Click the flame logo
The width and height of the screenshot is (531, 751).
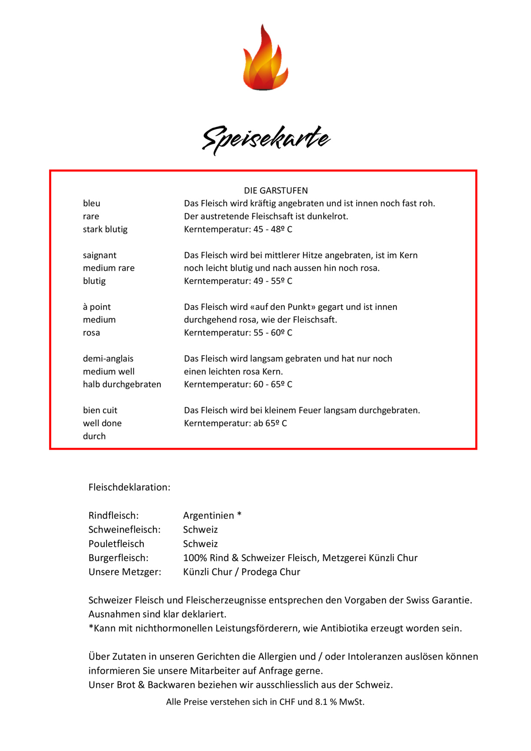(x=265, y=59)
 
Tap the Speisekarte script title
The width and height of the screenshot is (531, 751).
(x=266, y=139)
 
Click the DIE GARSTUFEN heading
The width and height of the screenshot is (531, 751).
(x=275, y=190)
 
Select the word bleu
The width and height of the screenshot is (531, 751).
(x=92, y=203)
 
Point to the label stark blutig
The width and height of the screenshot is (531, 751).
(x=105, y=229)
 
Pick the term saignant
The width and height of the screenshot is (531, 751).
(x=100, y=255)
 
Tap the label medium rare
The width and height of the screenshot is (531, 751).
(x=109, y=268)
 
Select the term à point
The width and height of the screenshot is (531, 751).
(x=96, y=307)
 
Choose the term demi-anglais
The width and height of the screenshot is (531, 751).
(x=108, y=359)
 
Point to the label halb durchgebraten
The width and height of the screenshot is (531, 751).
(x=122, y=385)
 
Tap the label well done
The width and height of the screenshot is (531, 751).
(x=102, y=423)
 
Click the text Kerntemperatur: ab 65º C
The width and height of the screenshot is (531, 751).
(x=236, y=423)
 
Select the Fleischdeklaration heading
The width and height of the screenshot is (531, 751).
(x=129, y=487)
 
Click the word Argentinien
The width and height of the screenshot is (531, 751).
(x=209, y=515)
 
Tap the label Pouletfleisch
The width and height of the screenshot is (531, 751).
(x=116, y=544)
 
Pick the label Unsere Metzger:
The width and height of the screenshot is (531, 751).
(x=125, y=572)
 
